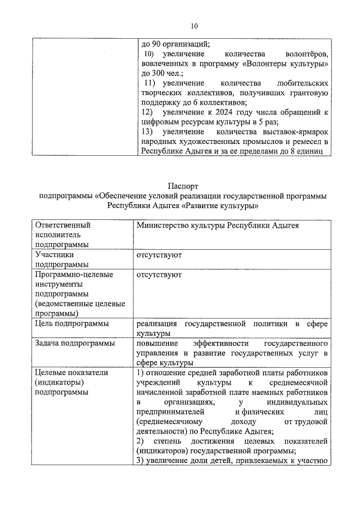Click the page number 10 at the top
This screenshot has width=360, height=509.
click(x=195, y=26)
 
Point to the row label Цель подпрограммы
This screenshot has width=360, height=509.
click(x=72, y=324)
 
